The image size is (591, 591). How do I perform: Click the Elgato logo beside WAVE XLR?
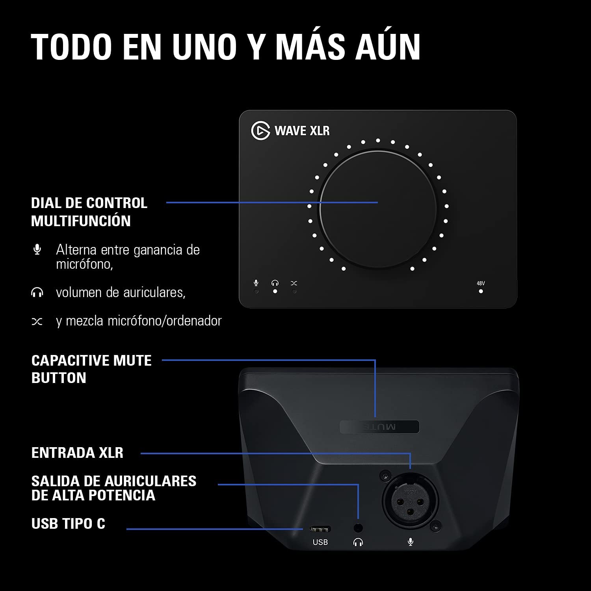260,130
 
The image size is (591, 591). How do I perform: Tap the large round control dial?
378,208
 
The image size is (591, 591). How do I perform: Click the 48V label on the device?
481,283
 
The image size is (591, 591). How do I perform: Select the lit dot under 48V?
481,292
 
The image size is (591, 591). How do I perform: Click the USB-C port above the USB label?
320,529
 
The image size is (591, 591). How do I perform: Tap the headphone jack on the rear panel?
358,528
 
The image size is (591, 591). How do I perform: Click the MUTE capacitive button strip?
379,427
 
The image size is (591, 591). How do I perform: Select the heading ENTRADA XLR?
77,453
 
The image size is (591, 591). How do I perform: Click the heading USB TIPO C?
68,524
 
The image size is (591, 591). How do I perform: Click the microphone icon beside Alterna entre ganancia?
37,249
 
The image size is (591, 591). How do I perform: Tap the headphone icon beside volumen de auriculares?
37,292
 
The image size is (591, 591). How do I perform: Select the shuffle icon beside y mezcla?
37,322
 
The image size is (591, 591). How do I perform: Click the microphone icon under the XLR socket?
411,543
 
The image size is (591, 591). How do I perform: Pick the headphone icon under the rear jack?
358,543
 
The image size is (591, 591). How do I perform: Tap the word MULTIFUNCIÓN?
81,221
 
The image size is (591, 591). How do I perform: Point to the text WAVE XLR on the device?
302,130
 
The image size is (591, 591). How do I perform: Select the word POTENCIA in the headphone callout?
125,495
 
